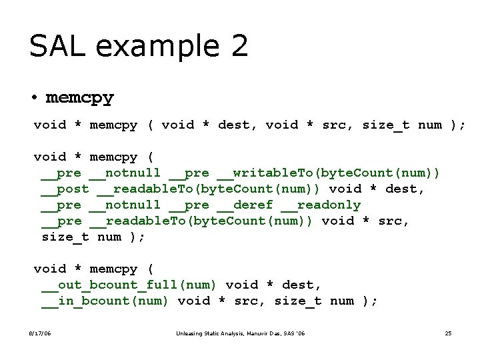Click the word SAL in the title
tap(55, 46)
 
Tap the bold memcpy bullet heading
tap(80, 97)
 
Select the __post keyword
tap(65, 189)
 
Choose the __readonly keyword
tap(321, 205)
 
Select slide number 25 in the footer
tap(448, 333)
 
